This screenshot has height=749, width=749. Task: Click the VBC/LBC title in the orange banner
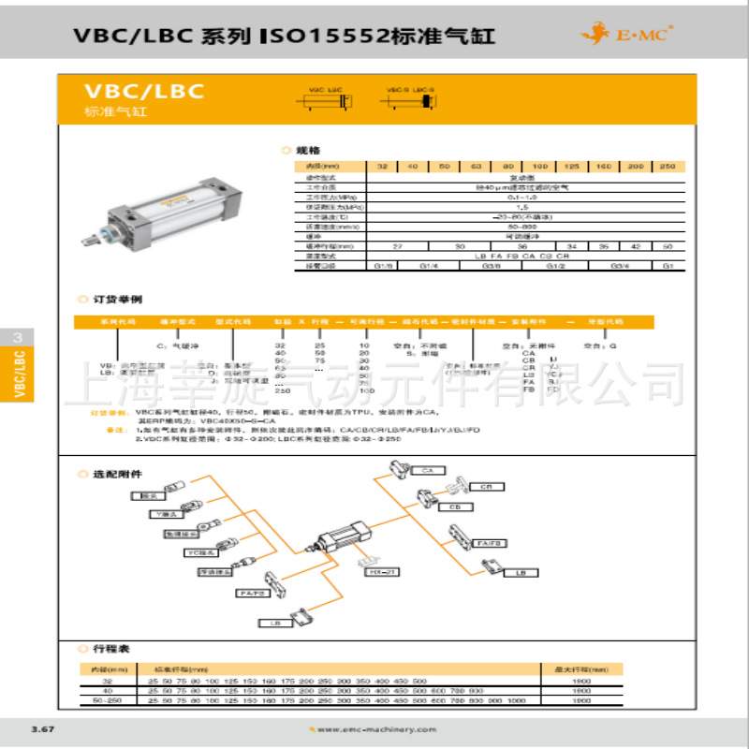click(x=144, y=93)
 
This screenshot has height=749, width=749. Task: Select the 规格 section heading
click(x=308, y=150)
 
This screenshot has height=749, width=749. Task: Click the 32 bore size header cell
click(x=381, y=166)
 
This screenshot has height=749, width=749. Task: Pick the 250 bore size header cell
click(x=667, y=166)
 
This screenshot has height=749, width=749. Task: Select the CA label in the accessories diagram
click(x=427, y=469)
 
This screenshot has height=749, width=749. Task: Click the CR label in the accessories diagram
click(x=486, y=488)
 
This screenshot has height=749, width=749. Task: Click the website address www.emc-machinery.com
click(x=361, y=730)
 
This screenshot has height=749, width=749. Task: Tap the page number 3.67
click(x=43, y=729)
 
